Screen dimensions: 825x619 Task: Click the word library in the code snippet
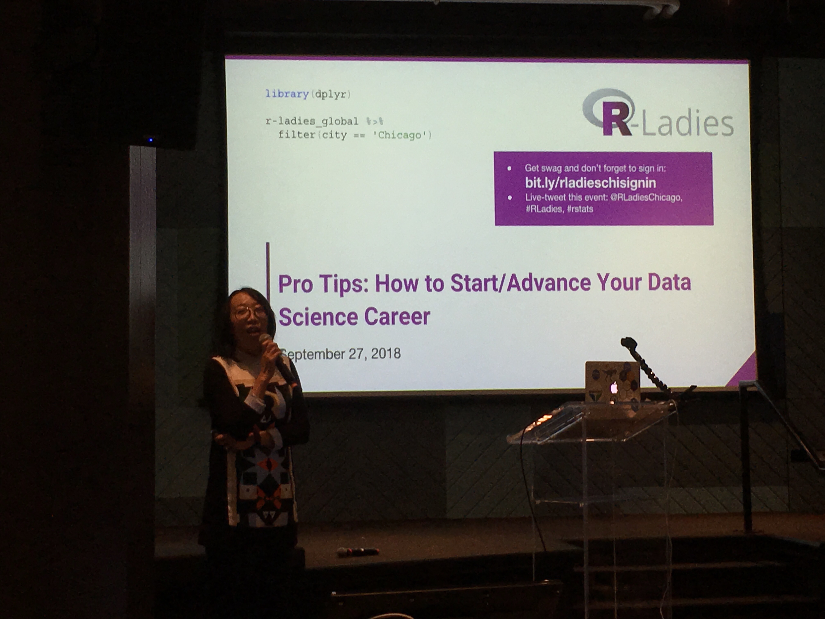click(x=287, y=94)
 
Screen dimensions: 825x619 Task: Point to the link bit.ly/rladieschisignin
click(x=590, y=183)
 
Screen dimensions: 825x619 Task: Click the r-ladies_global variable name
click(x=312, y=121)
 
